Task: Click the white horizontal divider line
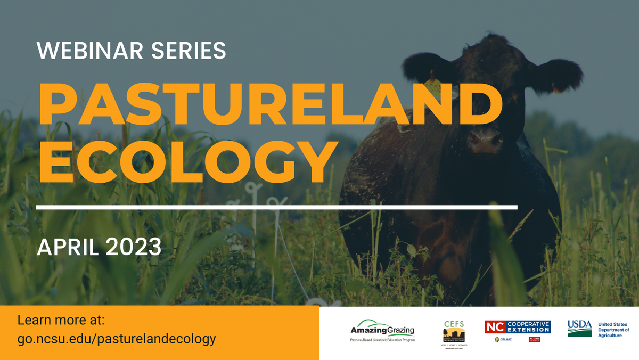click(x=277, y=207)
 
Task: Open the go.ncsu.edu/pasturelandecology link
click(x=117, y=339)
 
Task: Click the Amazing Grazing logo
click(x=382, y=327)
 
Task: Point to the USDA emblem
click(x=579, y=328)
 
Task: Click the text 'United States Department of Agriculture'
click(x=613, y=330)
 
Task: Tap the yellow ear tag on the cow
click(x=434, y=85)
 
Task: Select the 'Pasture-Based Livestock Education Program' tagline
click(x=382, y=340)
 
